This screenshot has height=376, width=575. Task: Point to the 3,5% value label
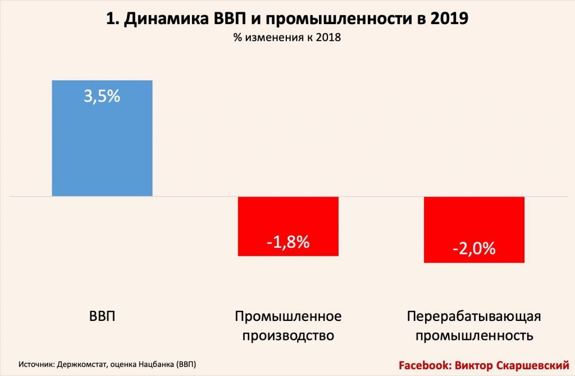click(x=102, y=96)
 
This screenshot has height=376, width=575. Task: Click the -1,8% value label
click(x=288, y=243)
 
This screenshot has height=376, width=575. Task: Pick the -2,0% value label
click(x=474, y=248)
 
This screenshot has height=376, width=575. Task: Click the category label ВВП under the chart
click(x=102, y=316)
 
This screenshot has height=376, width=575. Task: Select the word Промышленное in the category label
click(x=288, y=316)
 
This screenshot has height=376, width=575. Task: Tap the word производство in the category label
click(x=288, y=336)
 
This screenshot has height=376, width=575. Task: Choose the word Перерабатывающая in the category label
click(x=474, y=316)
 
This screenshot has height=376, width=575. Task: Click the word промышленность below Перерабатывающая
click(x=474, y=336)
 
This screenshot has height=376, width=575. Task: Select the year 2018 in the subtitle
click(x=328, y=38)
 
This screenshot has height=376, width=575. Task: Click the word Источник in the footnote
click(x=36, y=364)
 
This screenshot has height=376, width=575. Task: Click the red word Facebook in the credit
click(x=422, y=365)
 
